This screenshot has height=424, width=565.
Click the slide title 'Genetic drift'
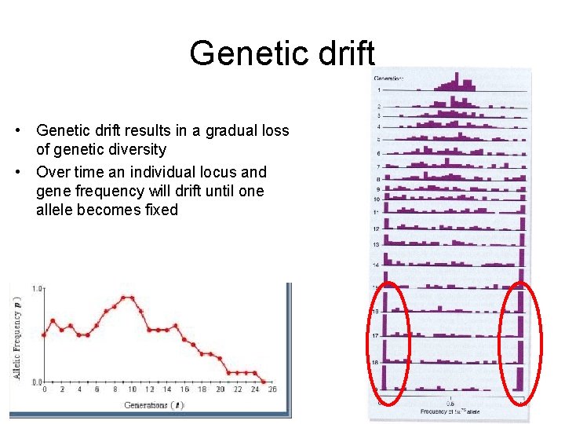point(282,53)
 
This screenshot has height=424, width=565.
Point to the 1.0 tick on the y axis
point(37,289)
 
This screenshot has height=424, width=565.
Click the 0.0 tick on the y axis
point(37,382)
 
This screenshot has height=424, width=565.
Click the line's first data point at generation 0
point(44,335)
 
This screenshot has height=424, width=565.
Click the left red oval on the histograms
point(388,338)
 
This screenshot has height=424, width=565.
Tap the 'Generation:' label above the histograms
point(388,78)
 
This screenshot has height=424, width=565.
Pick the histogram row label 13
point(377,245)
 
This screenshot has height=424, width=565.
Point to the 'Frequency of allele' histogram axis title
point(450,411)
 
